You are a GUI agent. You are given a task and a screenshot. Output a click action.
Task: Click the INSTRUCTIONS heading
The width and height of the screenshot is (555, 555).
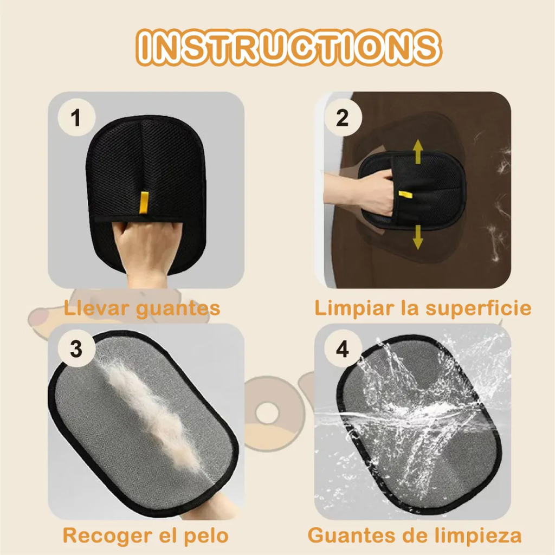tap(287, 48)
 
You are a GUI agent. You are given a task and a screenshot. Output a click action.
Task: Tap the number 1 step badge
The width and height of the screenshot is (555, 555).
tap(76, 118)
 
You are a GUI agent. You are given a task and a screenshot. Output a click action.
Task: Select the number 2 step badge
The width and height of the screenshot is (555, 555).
tap(343, 118)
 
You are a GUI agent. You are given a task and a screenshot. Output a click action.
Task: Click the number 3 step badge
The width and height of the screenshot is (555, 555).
tap(76, 349)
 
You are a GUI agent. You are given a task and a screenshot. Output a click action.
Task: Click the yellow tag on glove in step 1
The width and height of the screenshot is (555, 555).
tap(144, 202)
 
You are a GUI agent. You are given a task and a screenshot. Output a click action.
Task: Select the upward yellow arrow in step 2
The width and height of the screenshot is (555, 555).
tap(418, 152)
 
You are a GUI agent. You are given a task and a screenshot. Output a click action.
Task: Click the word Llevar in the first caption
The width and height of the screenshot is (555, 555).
tap(96, 308)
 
